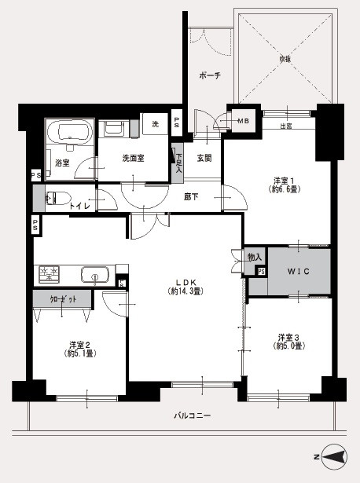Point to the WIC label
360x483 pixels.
(298, 272)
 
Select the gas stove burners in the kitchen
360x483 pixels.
(51, 274)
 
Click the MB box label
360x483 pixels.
(243, 120)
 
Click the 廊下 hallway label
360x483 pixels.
(191, 196)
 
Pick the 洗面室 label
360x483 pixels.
(133, 158)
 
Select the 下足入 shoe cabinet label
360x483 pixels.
(179, 162)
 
